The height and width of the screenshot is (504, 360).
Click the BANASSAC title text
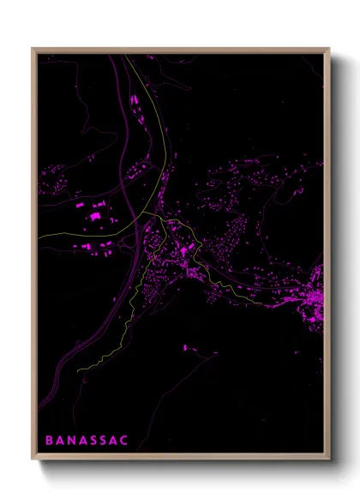tap(87, 441)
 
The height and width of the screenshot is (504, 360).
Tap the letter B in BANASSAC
tap(49, 441)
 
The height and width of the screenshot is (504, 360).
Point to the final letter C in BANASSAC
tap(125, 441)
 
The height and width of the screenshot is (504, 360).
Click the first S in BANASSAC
tap(94, 441)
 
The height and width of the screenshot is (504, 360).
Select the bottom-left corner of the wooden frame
tap(33, 460)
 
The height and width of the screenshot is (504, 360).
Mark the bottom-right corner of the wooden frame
tap(329, 460)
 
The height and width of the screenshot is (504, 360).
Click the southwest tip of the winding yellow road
tap(78, 370)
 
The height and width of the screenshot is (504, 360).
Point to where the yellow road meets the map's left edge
tap(39, 237)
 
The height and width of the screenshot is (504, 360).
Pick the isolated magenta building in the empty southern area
tap(186, 348)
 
